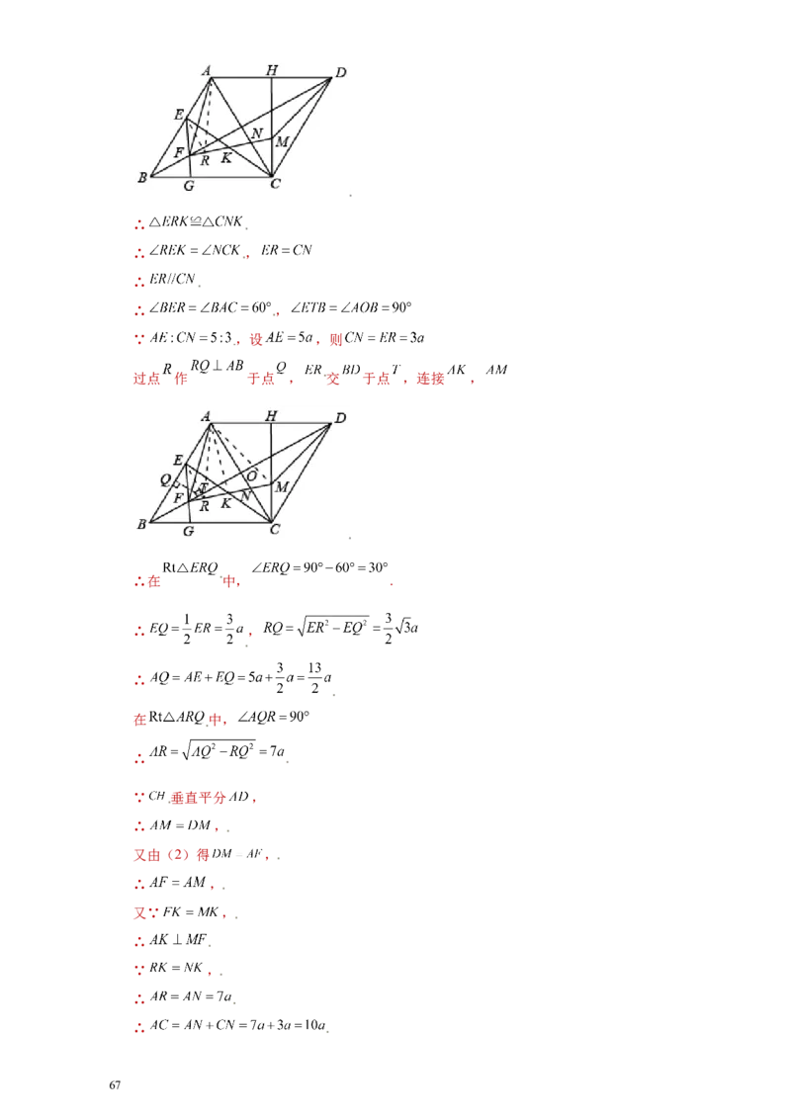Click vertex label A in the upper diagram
click(x=207, y=69)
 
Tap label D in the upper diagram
click(x=340, y=72)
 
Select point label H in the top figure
click(x=271, y=69)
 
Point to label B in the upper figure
click(x=142, y=178)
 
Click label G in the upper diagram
click(x=188, y=186)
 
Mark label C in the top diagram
click(x=273, y=186)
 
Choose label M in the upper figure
click(x=282, y=142)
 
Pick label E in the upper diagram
click(x=179, y=115)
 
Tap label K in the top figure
click(x=225, y=158)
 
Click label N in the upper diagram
click(x=256, y=133)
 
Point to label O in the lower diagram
click(x=252, y=475)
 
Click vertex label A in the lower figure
click(x=207, y=416)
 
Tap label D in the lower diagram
click(x=340, y=419)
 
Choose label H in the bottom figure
click(x=271, y=416)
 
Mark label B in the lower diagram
click(x=142, y=525)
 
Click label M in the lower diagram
click(x=282, y=487)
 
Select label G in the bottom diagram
click(x=188, y=532)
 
